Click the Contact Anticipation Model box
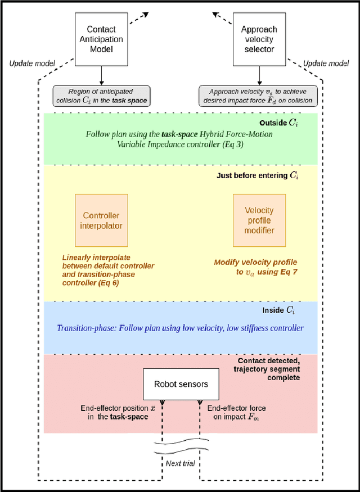tap(101, 38)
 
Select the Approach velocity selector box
tap(259, 38)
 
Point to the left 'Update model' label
tap(32, 62)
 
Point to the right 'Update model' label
tap(327, 62)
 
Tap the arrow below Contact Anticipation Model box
tap(102, 74)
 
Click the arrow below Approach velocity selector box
tap(259, 74)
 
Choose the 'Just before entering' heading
tap(258, 175)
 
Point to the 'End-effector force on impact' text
tap(236, 412)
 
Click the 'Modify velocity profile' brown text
tap(256, 267)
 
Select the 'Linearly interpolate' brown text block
tap(108, 270)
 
